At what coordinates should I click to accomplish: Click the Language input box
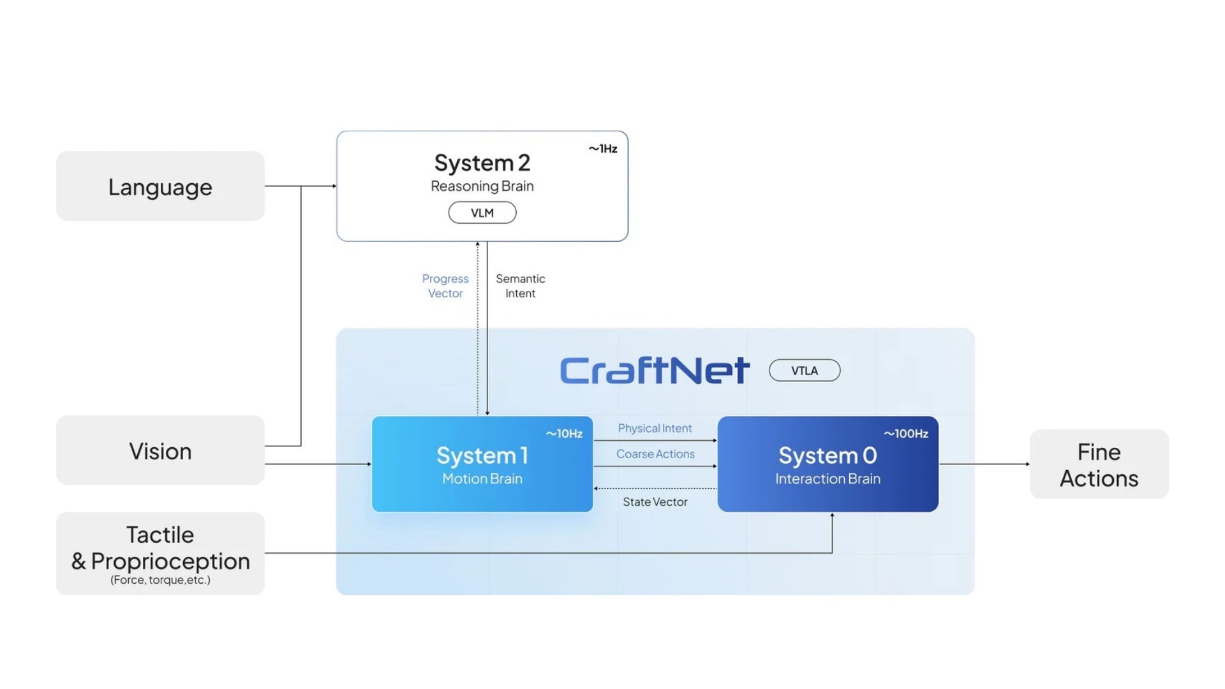point(160,186)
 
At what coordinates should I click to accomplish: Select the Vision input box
point(160,450)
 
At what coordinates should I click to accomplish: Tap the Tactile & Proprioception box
point(160,552)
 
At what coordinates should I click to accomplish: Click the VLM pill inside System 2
point(482,212)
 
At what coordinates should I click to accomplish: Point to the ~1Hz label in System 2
point(602,149)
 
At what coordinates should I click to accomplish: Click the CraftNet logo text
point(654,370)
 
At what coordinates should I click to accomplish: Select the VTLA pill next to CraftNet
point(805,371)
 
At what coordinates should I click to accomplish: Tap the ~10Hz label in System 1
point(564,434)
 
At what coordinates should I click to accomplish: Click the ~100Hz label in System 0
point(905,434)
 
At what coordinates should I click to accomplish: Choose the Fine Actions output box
point(1099,464)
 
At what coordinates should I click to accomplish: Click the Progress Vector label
point(445,286)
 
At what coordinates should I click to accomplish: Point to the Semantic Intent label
point(520,286)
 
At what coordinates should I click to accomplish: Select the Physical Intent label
point(655,428)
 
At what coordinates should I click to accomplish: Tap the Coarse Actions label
point(655,454)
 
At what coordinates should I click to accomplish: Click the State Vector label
point(655,502)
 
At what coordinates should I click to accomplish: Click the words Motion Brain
point(482,478)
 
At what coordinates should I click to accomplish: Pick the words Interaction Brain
point(828,478)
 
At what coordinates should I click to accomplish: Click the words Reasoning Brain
point(482,186)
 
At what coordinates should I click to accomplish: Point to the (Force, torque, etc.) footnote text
point(160,580)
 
